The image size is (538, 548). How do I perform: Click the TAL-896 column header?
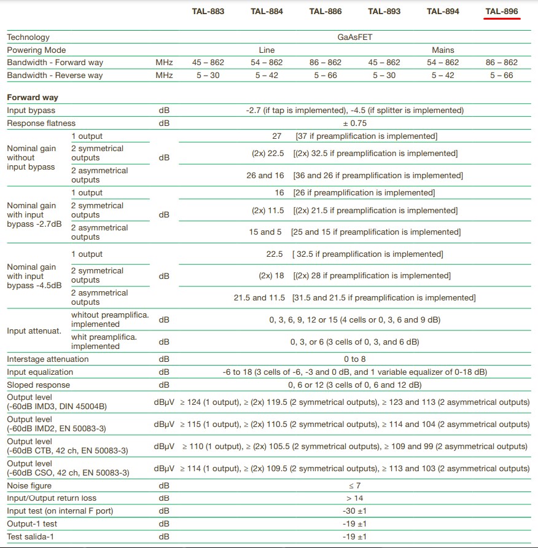502,11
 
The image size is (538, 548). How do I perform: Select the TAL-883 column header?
208,11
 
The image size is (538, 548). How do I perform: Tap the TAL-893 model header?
384,11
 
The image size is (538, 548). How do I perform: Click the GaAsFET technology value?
355,37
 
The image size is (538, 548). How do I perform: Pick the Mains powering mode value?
443,50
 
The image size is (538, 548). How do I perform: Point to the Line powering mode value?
267,50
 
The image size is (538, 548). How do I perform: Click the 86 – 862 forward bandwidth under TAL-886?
326,62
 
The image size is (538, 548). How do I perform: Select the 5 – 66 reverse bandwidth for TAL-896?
501,75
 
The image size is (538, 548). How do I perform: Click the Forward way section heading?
33,97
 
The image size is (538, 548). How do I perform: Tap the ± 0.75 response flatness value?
355,123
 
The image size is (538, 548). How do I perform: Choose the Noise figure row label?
29,485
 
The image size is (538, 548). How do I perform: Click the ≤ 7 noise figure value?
355,485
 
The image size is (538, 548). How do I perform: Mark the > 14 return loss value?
355,498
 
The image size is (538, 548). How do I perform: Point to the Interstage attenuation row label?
47,359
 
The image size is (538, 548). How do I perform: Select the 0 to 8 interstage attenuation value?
355,359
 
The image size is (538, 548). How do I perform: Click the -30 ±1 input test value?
355,511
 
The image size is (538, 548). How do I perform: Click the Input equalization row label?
40,372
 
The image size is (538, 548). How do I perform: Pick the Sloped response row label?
38,385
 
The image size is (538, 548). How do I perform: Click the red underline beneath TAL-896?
502,19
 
